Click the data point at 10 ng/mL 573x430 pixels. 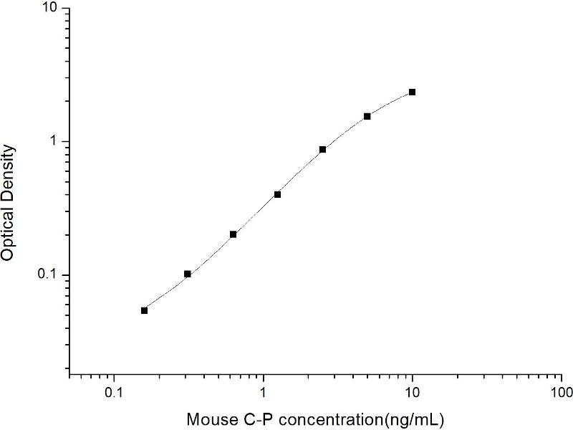[x=413, y=92]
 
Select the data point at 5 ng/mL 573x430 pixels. [x=367, y=116]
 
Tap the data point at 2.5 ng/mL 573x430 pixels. [x=323, y=150]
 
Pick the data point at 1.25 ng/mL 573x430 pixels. [x=278, y=194]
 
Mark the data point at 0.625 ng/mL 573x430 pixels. [x=233, y=234]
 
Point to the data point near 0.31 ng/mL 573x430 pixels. [x=188, y=274]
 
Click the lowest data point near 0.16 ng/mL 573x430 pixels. [x=144, y=310]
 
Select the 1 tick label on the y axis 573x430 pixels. [x=56, y=142]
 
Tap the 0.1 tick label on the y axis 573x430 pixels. [x=50, y=276]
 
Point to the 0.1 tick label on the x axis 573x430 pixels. [x=113, y=393]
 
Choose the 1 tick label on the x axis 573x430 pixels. [x=264, y=393]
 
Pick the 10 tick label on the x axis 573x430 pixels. [x=413, y=393]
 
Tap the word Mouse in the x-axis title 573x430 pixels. [x=209, y=418]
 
